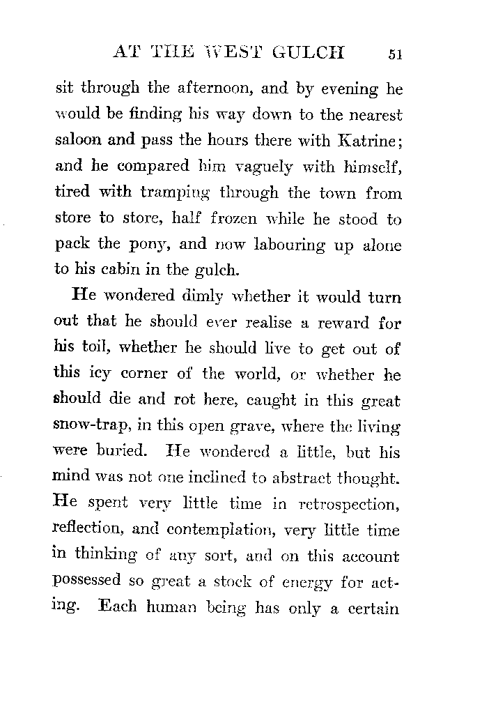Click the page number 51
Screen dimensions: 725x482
[394, 55]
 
